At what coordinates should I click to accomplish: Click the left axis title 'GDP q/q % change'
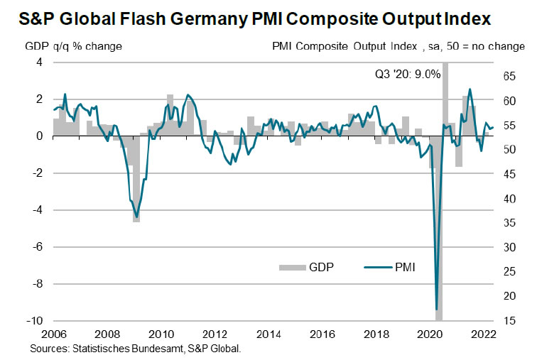(x=73, y=46)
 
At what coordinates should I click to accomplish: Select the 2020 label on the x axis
(x=430, y=334)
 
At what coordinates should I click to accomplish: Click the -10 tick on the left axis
(x=34, y=321)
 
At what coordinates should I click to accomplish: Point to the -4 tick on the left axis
(x=37, y=210)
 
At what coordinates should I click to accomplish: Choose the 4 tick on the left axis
(x=39, y=62)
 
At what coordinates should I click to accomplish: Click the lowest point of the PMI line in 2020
(x=436, y=310)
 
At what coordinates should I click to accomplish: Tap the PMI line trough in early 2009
(x=136, y=217)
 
